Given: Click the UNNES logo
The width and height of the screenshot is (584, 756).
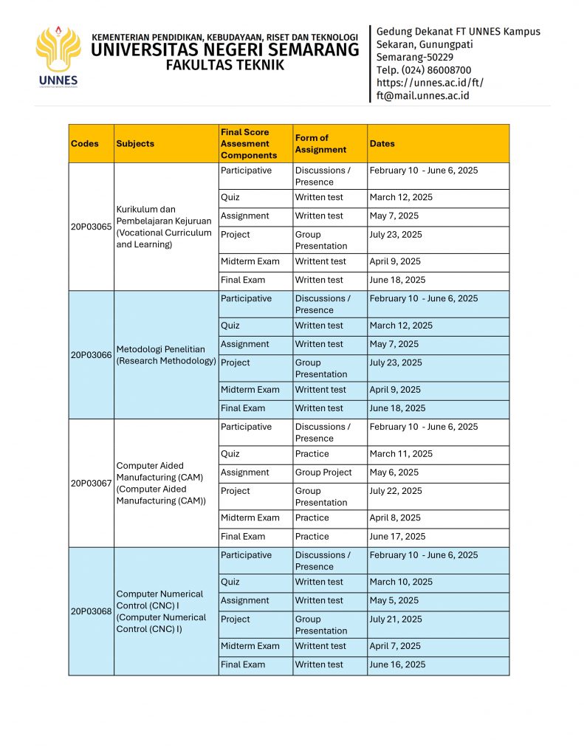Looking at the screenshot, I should point(57,57).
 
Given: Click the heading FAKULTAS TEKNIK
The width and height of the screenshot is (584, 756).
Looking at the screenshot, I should point(224,65).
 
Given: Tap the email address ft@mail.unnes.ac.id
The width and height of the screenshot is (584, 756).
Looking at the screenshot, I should point(422,95).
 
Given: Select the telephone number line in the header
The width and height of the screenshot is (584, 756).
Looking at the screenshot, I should point(424,70).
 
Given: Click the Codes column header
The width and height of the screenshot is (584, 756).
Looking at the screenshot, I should point(85,144).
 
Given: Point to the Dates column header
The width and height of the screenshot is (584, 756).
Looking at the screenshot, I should point(382,144).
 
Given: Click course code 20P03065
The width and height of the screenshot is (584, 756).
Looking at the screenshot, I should point(91,227).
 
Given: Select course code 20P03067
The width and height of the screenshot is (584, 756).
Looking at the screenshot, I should point(91,484).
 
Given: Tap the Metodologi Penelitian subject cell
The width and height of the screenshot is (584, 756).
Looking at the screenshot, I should point(166,355).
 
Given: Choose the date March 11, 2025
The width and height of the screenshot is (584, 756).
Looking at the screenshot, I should point(401,454).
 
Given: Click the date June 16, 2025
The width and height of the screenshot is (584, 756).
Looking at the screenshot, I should point(397,664).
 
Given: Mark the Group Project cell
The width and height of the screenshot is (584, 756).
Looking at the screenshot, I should point(323,472).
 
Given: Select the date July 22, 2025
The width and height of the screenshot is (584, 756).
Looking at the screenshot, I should point(396,491).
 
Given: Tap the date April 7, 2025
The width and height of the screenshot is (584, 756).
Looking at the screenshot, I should point(395,646).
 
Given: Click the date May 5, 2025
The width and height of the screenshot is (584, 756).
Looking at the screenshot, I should point(394,600).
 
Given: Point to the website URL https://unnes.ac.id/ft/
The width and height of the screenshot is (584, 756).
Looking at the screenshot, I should point(430,83).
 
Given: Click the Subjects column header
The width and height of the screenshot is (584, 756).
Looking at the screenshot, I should point(135,144).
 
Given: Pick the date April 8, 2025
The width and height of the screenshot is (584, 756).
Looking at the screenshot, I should point(395,518).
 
